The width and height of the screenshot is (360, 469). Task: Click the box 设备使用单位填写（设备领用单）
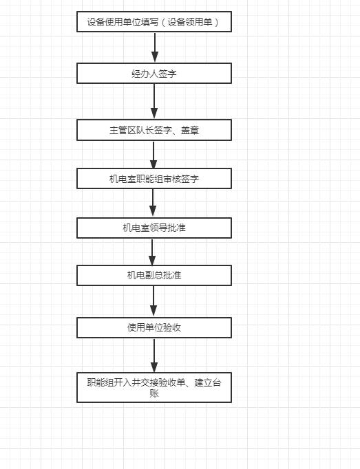[x=154, y=21]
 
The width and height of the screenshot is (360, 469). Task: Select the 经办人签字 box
[x=154, y=73]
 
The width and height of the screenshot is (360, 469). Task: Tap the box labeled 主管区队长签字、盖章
[x=154, y=130]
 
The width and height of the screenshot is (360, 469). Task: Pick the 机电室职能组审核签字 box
[x=154, y=179]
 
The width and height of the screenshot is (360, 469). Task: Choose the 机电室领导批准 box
[x=154, y=228]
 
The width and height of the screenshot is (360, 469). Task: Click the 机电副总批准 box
[x=154, y=275]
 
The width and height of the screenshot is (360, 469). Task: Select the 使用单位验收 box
[x=154, y=327]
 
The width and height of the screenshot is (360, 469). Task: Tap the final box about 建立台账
[x=154, y=387]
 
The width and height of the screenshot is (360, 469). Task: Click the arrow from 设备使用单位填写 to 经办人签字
[x=155, y=47]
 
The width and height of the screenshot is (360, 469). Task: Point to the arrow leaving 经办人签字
[x=154, y=101]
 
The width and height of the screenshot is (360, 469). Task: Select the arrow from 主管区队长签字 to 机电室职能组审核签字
[x=153, y=154]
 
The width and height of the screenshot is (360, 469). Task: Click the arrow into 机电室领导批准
[x=153, y=203]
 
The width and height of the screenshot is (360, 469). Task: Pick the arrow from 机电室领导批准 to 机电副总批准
[x=152, y=252]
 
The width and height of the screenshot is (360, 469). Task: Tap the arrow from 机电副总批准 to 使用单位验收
[x=153, y=301]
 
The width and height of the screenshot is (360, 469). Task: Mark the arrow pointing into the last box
[x=154, y=355]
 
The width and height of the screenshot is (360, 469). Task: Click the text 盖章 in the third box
[x=190, y=130]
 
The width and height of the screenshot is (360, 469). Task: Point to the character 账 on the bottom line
[x=154, y=393]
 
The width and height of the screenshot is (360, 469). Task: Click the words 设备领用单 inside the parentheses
[x=190, y=22]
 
